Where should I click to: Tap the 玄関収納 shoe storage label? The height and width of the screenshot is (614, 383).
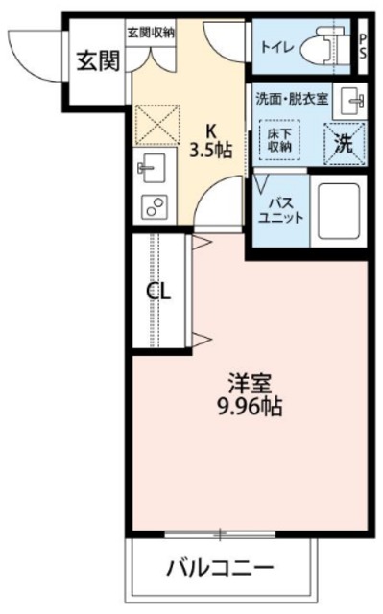[151, 32]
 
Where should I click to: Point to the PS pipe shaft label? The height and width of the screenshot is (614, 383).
[362, 45]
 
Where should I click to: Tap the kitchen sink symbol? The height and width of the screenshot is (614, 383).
[152, 169]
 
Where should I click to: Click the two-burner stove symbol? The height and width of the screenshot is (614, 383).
[152, 204]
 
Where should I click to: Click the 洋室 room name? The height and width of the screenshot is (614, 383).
[248, 384]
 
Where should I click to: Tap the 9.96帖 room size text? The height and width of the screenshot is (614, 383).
[248, 407]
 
